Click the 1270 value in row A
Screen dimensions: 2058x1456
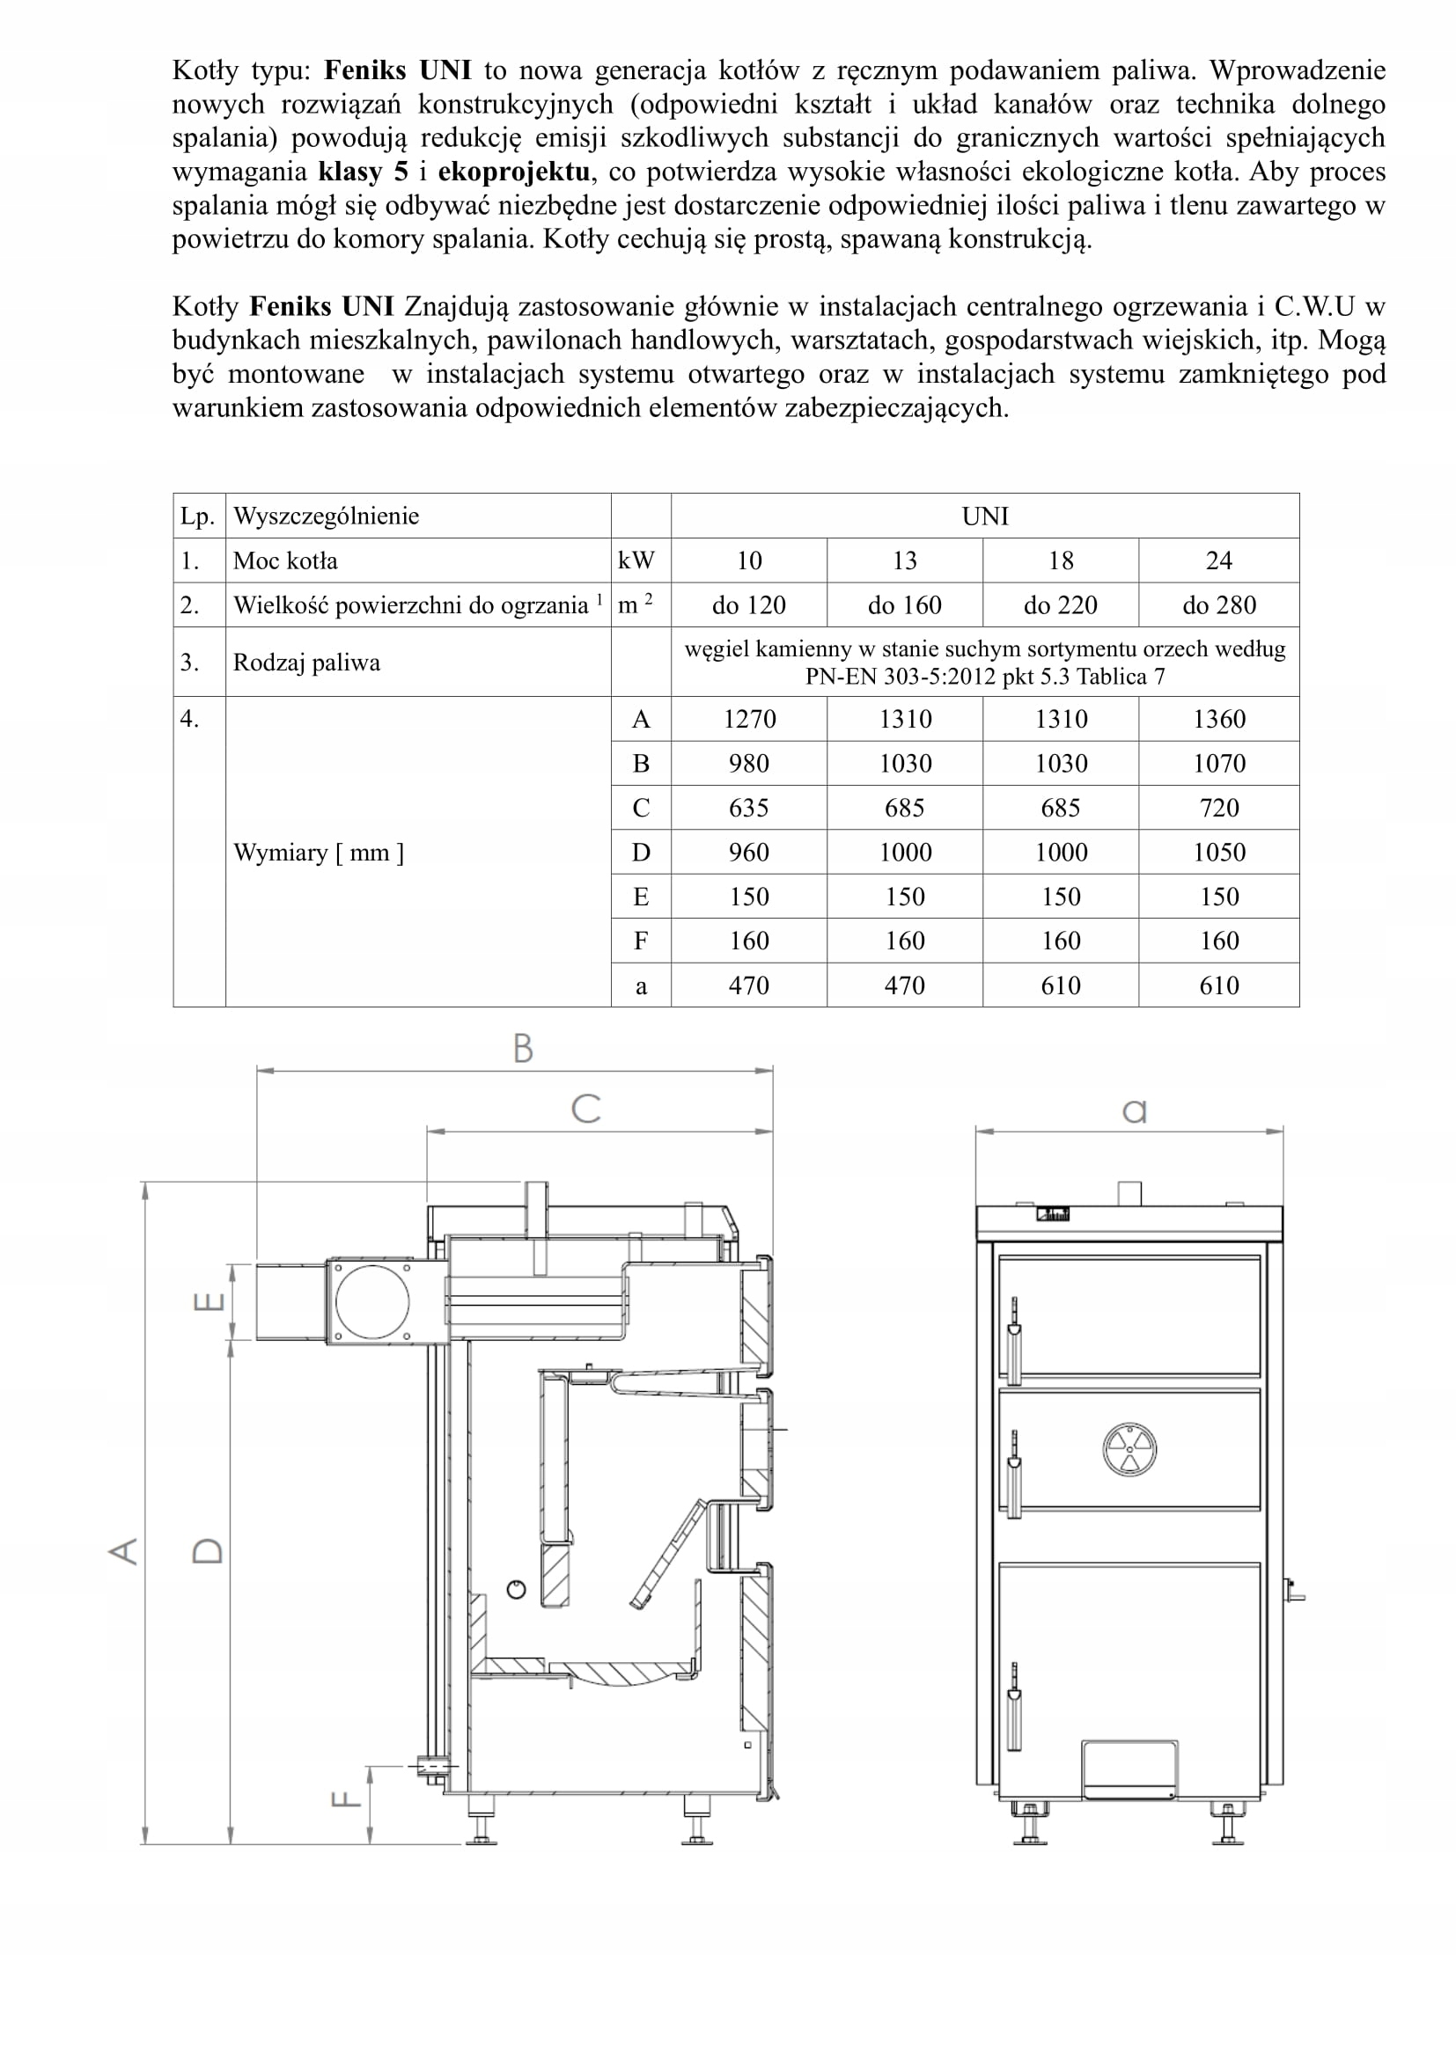pos(748,719)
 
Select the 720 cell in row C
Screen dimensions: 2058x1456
pos(1218,808)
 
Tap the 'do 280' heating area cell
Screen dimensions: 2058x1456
pos(1218,605)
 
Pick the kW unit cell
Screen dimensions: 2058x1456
pos(636,560)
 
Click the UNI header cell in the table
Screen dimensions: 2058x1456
pos(984,516)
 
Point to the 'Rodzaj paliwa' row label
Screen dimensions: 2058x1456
pos(306,663)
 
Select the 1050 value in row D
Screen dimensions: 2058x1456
pos(1218,852)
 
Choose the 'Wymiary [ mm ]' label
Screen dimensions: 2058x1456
pos(319,852)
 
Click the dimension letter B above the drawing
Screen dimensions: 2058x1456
pos(523,1048)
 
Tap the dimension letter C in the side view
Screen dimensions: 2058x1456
pos(585,1109)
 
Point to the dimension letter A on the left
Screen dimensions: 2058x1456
pos(124,1550)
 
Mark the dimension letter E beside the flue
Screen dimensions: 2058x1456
pos(208,1301)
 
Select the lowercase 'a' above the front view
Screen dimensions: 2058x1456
pos(1134,1111)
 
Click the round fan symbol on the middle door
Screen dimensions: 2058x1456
pos(1129,1449)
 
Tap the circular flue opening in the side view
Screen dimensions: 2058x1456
pos(371,1302)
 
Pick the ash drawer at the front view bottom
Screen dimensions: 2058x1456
pos(1129,1769)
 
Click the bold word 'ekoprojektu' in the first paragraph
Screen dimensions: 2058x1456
pos(514,172)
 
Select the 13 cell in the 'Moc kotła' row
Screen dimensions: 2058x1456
pos(905,560)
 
